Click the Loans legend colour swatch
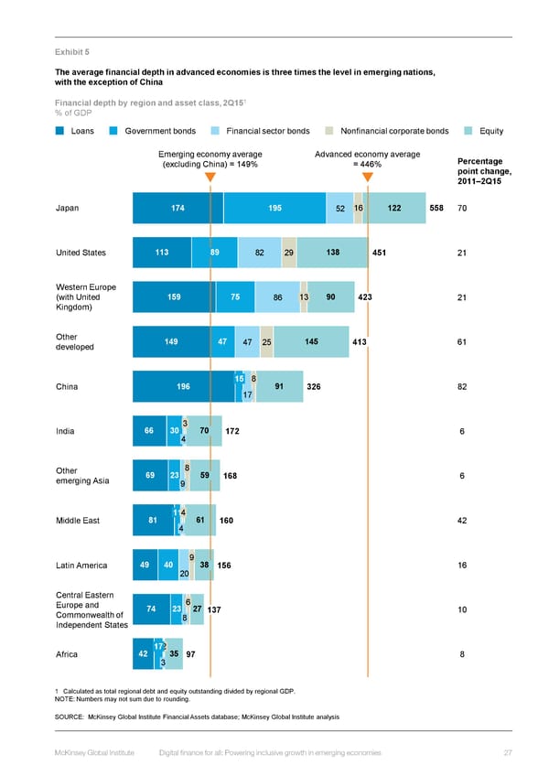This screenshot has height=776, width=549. pos(59,131)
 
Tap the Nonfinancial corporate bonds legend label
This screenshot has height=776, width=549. pos(394,131)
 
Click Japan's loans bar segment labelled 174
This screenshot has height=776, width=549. pos(178,209)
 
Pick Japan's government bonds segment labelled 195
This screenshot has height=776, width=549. pos(274,209)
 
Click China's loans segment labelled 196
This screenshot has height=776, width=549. pos(183,387)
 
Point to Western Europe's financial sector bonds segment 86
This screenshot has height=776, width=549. pos(277,297)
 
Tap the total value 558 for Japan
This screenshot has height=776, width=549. pos(436,209)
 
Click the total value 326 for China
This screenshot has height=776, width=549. pos(313,387)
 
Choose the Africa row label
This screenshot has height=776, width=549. pos(67,654)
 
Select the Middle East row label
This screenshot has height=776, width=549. pos(78,521)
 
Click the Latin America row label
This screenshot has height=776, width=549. pos(81,566)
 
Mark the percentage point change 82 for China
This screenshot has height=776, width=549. pos(462,387)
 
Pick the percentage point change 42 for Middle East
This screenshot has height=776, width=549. pos(462,521)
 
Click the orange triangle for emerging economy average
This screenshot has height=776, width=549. pos(210,177)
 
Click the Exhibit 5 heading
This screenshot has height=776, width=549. pos(71,52)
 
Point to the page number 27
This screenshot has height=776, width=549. pos(506,752)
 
